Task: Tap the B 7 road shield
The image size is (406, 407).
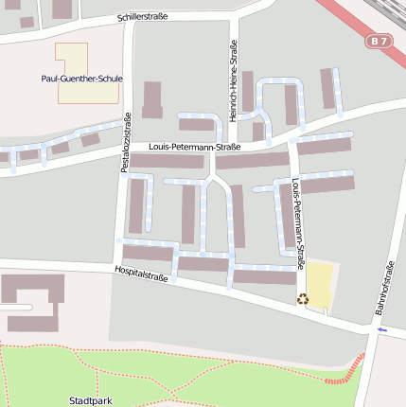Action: [x=379, y=42]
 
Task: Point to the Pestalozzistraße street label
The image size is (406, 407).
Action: [x=126, y=142]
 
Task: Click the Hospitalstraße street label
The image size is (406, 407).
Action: [x=141, y=274]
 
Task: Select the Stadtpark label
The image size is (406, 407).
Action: [x=91, y=400]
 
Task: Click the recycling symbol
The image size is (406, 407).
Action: [x=302, y=299]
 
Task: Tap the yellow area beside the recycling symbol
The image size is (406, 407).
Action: [x=320, y=284]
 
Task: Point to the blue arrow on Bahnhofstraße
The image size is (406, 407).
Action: [x=382, y=329]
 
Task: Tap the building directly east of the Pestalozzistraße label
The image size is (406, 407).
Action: [x=151, y=99]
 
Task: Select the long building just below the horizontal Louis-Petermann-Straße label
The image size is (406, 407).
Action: [x=167, y=161]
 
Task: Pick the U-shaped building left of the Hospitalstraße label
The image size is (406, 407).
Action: [x=31, y=301]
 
